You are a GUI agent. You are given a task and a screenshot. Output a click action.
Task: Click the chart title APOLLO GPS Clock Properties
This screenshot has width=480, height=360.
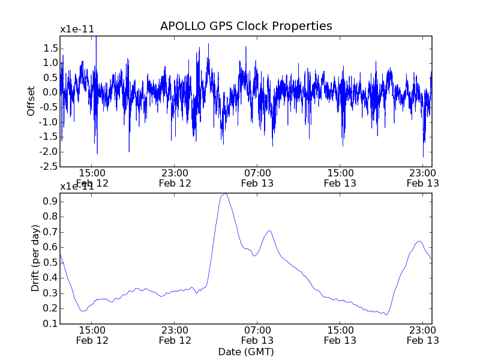coord(246,26)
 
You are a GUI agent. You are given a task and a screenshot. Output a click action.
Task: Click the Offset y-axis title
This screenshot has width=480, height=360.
coord(31,101)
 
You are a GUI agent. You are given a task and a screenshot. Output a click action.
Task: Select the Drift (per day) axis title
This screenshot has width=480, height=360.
coord(35,259)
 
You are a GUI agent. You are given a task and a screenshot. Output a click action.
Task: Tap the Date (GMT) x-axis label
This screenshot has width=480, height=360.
coord(245,352)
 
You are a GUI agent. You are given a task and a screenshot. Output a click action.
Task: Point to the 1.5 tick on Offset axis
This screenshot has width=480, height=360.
coord(50,48)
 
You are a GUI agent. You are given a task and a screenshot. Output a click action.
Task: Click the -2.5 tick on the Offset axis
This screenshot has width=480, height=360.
coord(48,167)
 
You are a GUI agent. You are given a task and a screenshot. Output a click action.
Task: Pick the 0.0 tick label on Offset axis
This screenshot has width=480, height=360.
coord(50,92)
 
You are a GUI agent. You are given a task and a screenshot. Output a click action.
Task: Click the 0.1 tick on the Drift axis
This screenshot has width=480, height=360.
coord(50,323)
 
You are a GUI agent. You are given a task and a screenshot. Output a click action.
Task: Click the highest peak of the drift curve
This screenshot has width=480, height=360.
coord(224,194)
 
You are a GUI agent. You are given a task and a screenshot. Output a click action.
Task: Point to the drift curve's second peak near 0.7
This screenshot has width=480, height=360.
coord(269,230)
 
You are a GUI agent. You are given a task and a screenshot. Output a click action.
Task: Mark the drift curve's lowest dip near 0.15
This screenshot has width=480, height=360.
coord(387,314)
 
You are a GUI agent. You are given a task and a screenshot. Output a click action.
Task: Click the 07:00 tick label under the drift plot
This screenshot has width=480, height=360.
coord(257,329)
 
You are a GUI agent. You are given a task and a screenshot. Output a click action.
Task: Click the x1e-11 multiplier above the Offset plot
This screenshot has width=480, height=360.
coord(77,29)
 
